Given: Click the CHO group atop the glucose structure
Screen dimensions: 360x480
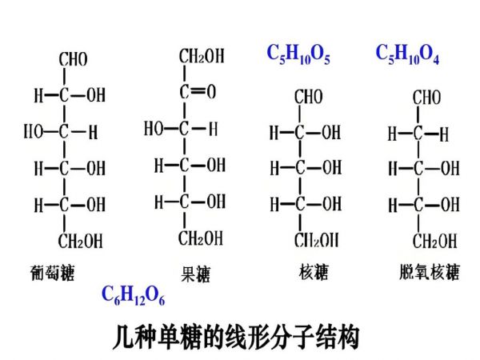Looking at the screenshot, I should [x=73, y=60].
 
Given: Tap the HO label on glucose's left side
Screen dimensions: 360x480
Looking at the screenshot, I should [x=33, y=131].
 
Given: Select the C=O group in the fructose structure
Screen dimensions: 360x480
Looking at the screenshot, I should [x=197, y=92].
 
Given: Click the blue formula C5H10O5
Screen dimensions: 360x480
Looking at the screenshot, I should [x=298, y=54].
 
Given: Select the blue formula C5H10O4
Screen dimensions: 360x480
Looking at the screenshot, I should [x=407, y=54].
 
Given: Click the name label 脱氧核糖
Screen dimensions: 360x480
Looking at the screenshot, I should [x=430, y=272].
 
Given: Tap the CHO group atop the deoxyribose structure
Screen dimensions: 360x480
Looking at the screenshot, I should [x=426, y=98].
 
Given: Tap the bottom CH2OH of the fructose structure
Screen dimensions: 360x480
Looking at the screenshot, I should [x=201, y=238].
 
